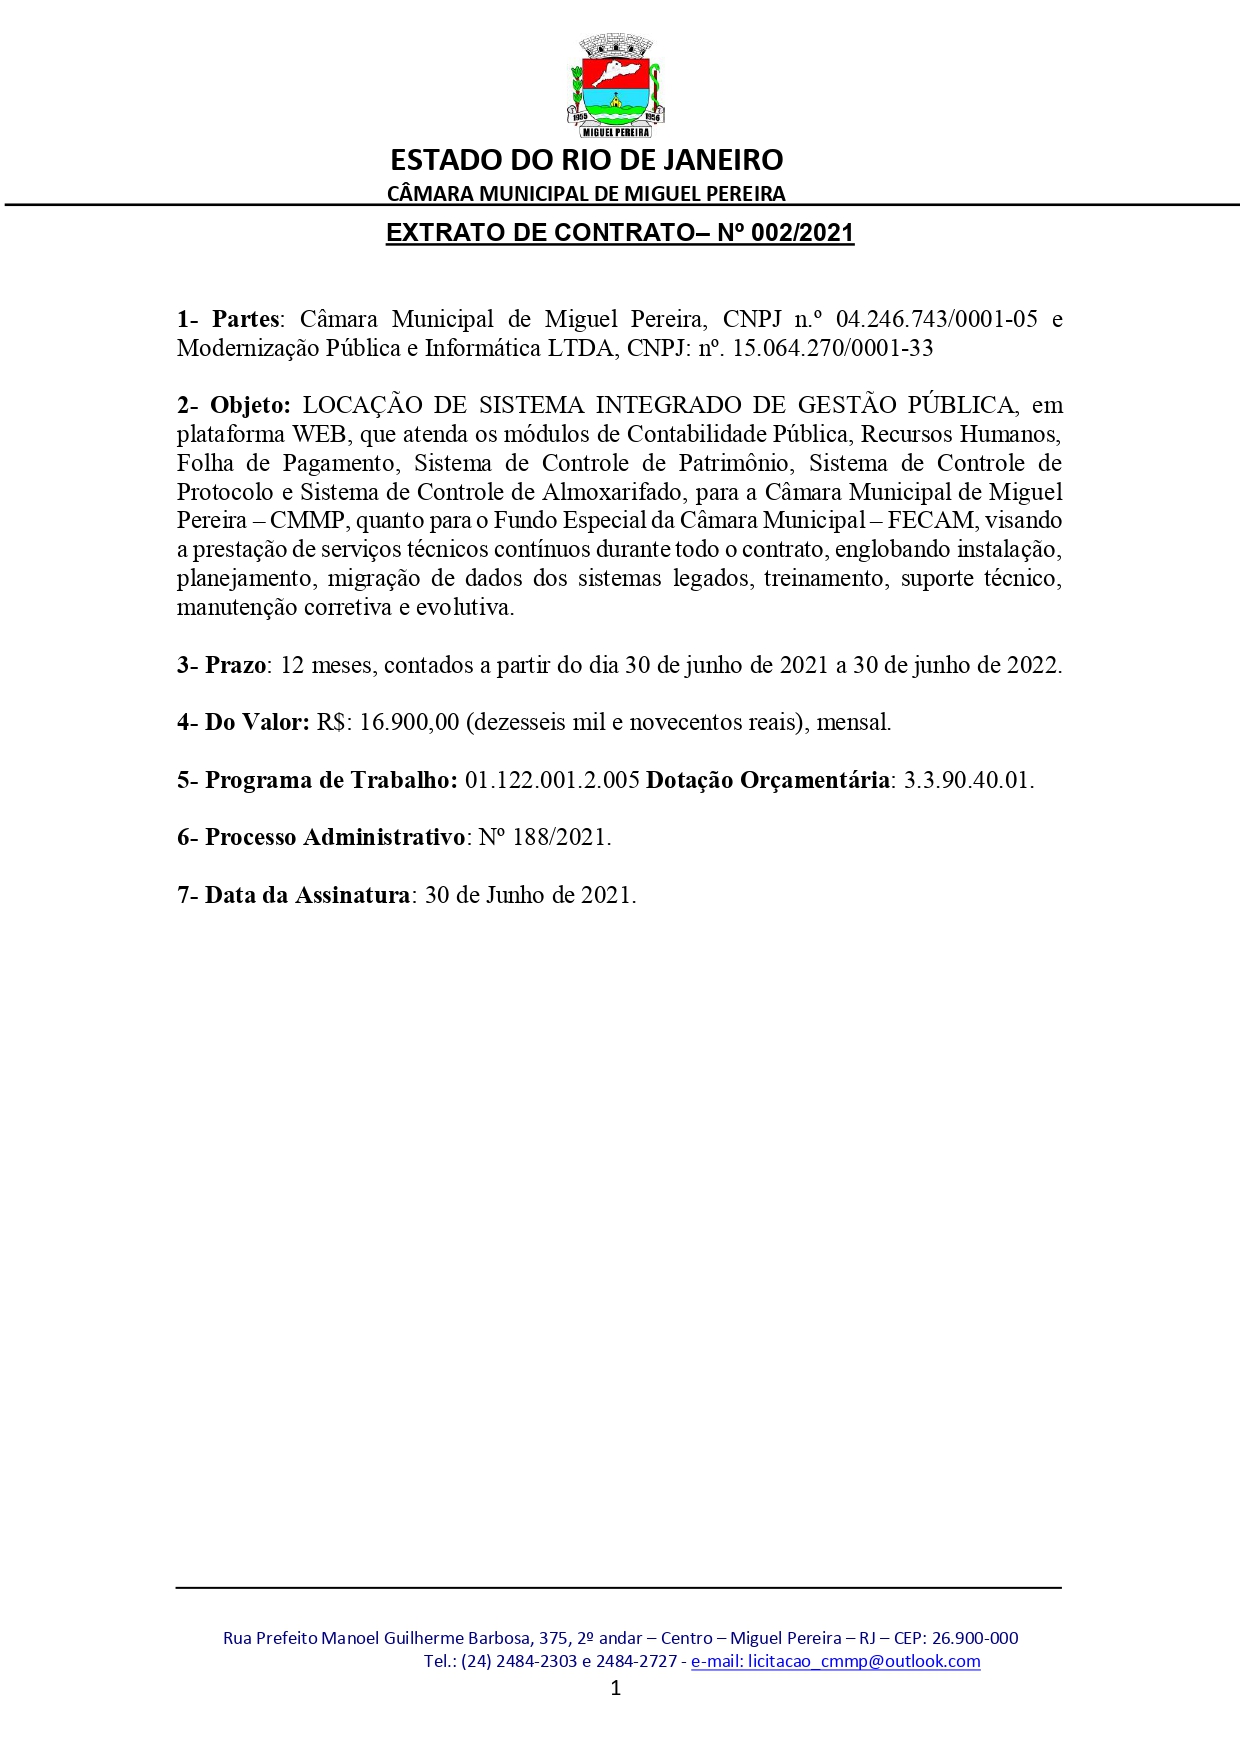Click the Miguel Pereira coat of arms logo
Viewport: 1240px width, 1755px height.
pos(616,86)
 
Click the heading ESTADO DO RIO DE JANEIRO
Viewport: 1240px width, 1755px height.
pos(586,160)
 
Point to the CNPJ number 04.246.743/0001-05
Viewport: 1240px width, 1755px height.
pos(937,319)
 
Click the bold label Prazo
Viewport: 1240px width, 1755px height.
pos(235,665)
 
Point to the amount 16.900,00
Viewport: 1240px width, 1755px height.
pos(409,722)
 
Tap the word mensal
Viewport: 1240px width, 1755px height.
pos(853,722)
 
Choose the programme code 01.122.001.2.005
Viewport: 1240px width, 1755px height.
pos(552,780)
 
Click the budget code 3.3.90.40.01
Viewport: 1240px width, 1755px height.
pos(968,780)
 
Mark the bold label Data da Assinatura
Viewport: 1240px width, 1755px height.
pos(307,895)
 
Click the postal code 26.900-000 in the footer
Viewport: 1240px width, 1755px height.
pos(975,1638)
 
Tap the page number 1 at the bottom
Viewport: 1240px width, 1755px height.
pos(616,1689)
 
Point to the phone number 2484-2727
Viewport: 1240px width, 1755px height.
pos(636,1661)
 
